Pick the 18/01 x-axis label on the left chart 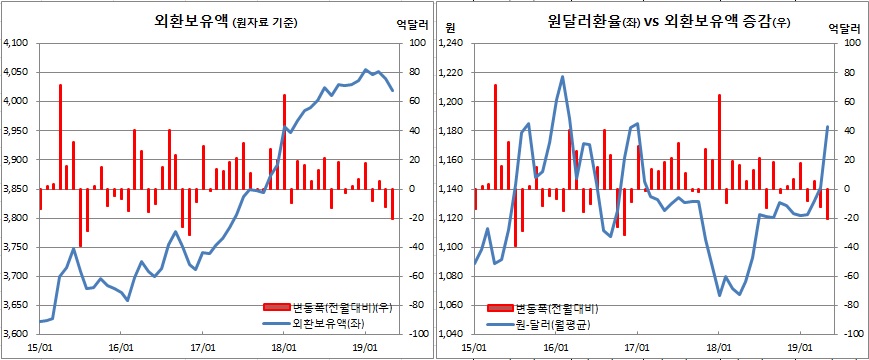[284, 347]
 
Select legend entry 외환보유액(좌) [326, 324]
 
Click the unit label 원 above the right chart [450, 25]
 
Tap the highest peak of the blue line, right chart [562, 76]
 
